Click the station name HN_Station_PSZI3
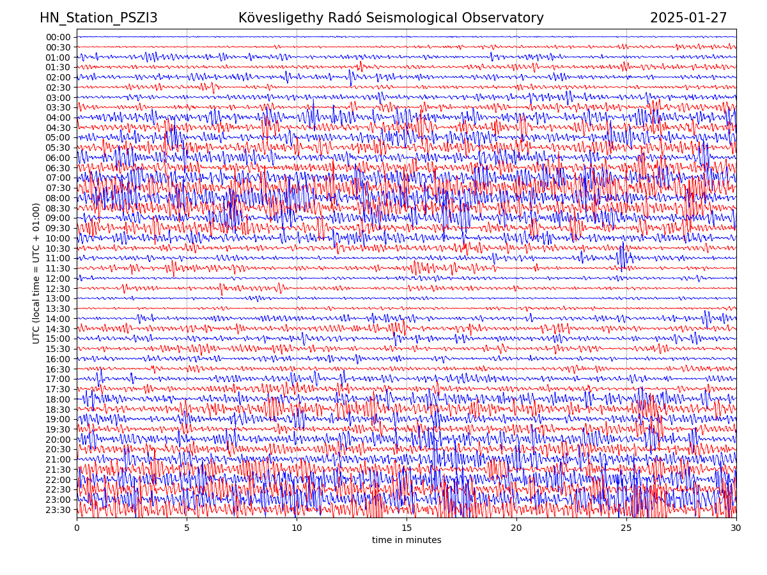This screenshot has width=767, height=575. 98,18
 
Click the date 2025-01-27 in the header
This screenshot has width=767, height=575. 688,18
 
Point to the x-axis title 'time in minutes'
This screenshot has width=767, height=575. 407,540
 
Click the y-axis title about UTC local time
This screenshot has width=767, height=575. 36,273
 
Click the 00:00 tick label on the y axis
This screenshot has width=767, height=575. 58,37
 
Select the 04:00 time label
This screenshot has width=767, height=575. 58,118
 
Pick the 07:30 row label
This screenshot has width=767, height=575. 58,188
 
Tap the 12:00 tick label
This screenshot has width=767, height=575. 58,279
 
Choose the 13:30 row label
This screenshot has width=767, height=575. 58,309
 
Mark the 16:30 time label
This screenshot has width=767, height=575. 58,369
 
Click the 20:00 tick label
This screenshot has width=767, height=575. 58,440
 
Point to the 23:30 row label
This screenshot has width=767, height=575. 58,510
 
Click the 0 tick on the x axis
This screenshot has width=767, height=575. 77,528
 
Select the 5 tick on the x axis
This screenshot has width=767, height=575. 187,528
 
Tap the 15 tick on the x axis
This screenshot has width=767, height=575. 407,528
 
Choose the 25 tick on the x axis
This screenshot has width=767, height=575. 626,528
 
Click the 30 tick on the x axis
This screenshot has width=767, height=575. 736,528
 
